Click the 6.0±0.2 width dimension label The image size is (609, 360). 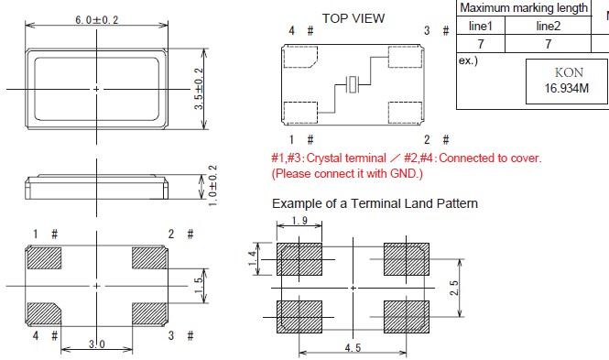point(97,20)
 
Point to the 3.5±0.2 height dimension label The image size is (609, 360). point(199,89)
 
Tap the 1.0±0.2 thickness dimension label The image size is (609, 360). point(212,186)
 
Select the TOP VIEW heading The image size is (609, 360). point(353,18)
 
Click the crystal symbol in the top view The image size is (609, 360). point(353,84)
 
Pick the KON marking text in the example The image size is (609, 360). point(569,72)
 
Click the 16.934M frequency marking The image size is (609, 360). point(567,88)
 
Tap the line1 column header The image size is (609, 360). point(481,26)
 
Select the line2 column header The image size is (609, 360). point(548,26)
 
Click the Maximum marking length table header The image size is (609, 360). point(524,7)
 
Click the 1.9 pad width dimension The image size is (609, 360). point(299,221)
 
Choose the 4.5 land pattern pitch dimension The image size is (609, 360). point(353,347)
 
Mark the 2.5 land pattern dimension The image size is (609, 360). point(454,289)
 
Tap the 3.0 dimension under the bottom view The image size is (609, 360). point(97,344)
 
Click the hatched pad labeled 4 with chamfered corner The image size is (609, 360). point(44,313)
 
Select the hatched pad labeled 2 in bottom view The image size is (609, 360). point(149,258)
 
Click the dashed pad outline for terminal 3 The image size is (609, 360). point(405,57)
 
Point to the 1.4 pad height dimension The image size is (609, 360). point(253,258)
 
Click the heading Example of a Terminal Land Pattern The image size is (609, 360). point(375,203)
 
